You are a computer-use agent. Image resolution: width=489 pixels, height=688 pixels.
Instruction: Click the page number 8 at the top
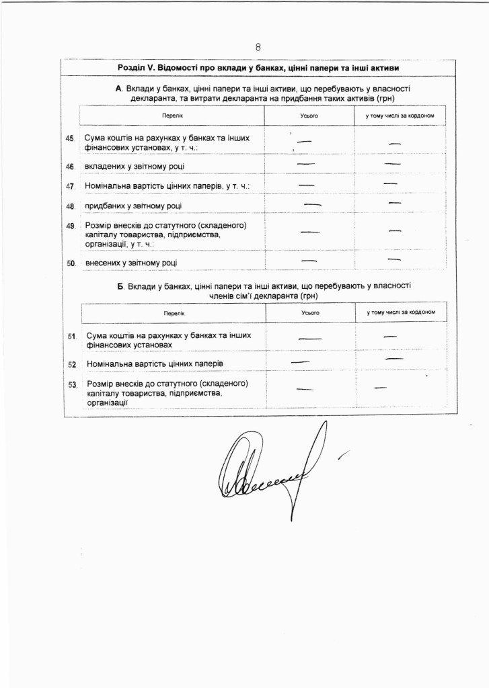click(258, 46)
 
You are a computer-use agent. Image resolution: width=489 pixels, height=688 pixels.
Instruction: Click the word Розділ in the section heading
click(132, 69)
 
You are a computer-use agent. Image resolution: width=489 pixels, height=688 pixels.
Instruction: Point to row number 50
click(70, 263)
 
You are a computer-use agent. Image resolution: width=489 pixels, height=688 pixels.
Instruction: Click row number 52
click(72, 364)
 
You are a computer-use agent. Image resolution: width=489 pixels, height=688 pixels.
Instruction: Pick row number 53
click(72, 384)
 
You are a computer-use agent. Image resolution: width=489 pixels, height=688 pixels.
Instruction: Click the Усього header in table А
click(309, 116)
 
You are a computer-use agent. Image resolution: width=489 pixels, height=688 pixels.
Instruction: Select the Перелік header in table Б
click(173, 313)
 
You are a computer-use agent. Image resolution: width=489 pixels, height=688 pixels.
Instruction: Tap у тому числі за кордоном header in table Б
click(401, 312)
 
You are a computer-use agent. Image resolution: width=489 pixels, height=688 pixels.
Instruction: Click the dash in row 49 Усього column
click(309, 232)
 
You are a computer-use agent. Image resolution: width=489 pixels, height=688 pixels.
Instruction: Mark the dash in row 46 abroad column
click(393, 164)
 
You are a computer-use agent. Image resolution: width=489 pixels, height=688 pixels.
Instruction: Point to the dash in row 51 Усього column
click(309, 338)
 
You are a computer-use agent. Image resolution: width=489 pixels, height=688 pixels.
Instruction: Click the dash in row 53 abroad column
click(380, 388)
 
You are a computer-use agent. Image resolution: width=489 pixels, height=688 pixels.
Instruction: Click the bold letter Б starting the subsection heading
click(120, 286)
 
